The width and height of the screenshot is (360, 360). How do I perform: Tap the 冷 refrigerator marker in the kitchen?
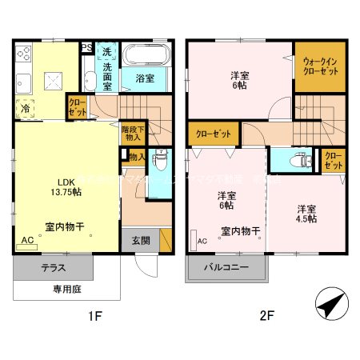point(26,107)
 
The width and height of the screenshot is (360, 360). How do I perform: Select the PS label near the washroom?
point(86,48)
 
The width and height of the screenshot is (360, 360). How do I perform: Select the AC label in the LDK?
point(27,240)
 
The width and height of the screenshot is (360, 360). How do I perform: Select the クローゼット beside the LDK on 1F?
point(78,107)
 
